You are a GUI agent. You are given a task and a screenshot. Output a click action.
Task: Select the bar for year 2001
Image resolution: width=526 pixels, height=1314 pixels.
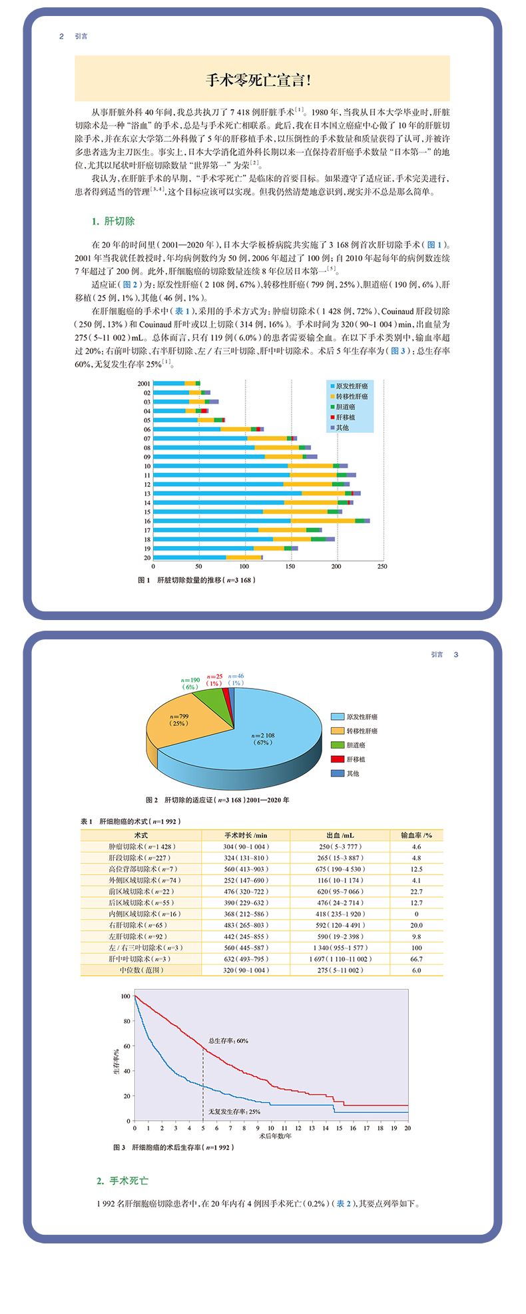pyautogui.click(x=176, y=384)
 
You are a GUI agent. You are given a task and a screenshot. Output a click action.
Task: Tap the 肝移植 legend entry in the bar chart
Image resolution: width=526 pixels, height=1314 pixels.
pyautogui.click(x=345, y=418)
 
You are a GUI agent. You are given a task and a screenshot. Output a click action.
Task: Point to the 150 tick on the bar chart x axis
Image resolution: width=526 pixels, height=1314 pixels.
pyautogui.click(x=291, y=567)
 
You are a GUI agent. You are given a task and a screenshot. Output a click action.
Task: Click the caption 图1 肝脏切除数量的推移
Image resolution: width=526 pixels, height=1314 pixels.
pyautogui.click(x=197, y=580)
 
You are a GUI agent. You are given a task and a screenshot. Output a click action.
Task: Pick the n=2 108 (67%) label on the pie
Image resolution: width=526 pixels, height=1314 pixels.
pyautogui.click(x=262, y=739)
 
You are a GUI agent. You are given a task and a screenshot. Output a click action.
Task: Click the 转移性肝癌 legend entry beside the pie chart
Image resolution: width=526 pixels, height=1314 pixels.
pyautogui.click(x=361, y=731)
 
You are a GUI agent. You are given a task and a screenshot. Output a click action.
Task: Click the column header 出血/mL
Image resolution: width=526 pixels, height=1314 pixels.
pyautogui.click(x=340, y=835)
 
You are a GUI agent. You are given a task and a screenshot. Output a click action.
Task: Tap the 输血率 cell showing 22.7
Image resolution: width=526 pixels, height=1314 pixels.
pyautogui.click(x=416, y=891)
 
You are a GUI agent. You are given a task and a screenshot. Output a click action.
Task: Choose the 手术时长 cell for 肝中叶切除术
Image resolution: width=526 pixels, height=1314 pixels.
pyautogui.click(x=246, y=959)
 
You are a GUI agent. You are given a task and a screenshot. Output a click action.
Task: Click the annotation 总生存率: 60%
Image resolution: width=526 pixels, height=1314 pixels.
pyautogui.click(x=228, y=1040)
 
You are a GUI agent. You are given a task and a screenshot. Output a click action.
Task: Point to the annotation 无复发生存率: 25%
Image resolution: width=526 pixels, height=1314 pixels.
pyautogui.click(x=234, y=1112)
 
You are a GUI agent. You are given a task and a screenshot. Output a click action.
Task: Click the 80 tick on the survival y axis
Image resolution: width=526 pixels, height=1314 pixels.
pyautogui.click(x=127, y=1021)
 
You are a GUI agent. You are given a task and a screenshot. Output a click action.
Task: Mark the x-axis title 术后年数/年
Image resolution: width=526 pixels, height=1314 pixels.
pyautogui.click(x=275, y=1136)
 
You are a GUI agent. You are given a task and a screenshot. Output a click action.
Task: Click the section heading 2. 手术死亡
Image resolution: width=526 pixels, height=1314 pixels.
pyautogui.click(x=123, y=1181)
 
